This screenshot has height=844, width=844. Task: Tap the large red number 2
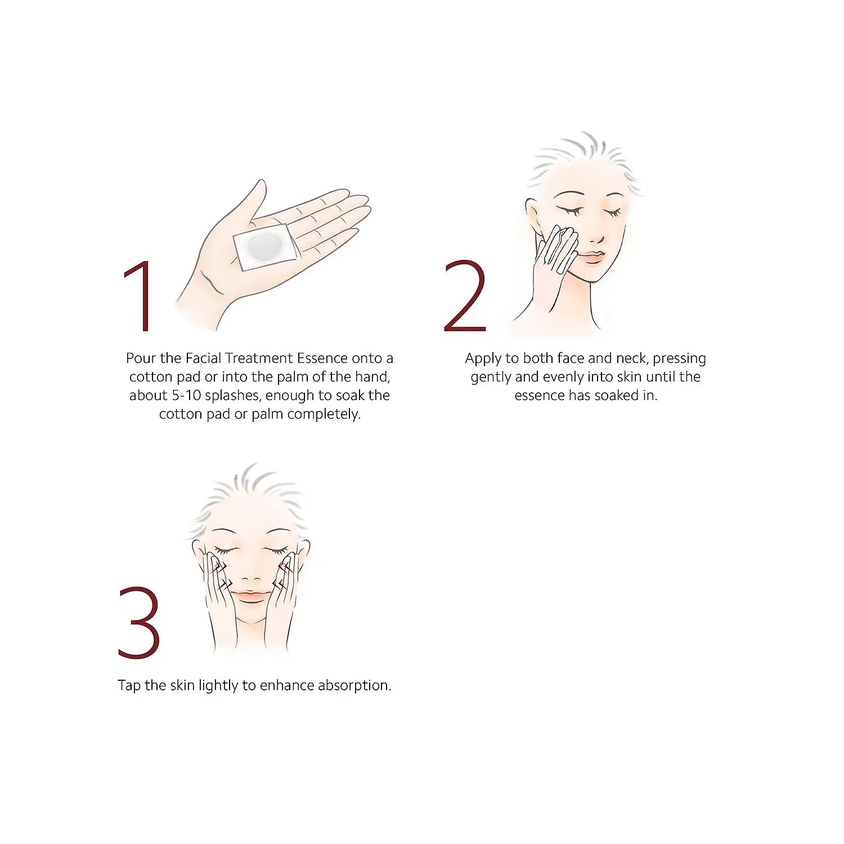tap(465, 296)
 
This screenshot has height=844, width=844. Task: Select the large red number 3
tap(139, 623)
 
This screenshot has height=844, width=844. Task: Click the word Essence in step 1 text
tap(322, 358)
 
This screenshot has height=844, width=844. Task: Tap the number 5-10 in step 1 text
tap(186, 396)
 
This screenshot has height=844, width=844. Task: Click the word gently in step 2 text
tap(491, 378)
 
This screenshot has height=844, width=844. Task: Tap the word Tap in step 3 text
tap(129, 686)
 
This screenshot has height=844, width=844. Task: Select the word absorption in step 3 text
tap(354, 686)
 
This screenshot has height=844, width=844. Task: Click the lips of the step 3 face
tap(251, 594)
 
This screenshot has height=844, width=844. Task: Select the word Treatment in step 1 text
tap(259, 358)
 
